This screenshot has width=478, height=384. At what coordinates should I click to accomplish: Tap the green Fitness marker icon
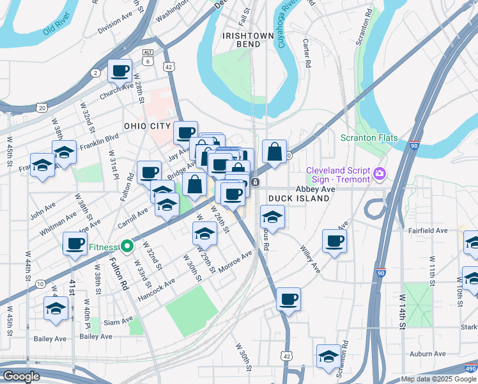click(127, 246)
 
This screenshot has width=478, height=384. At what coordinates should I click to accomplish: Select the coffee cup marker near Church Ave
click(119, 71)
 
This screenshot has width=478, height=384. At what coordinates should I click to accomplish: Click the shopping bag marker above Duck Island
click(274, 152)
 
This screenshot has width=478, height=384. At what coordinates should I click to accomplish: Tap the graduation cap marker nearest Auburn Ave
click(329, 356)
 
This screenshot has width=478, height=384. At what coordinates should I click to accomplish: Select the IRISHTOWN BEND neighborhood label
click(241, 40)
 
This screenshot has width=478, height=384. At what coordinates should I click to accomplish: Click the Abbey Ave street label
click(315, 189)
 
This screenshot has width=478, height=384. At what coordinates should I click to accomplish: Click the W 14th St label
click(403, 312)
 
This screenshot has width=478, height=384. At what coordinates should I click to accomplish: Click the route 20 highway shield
click(41, 108)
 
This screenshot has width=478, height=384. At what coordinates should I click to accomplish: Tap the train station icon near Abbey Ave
click(255, 182)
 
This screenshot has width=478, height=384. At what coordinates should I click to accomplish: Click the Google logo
click(21, 376)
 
